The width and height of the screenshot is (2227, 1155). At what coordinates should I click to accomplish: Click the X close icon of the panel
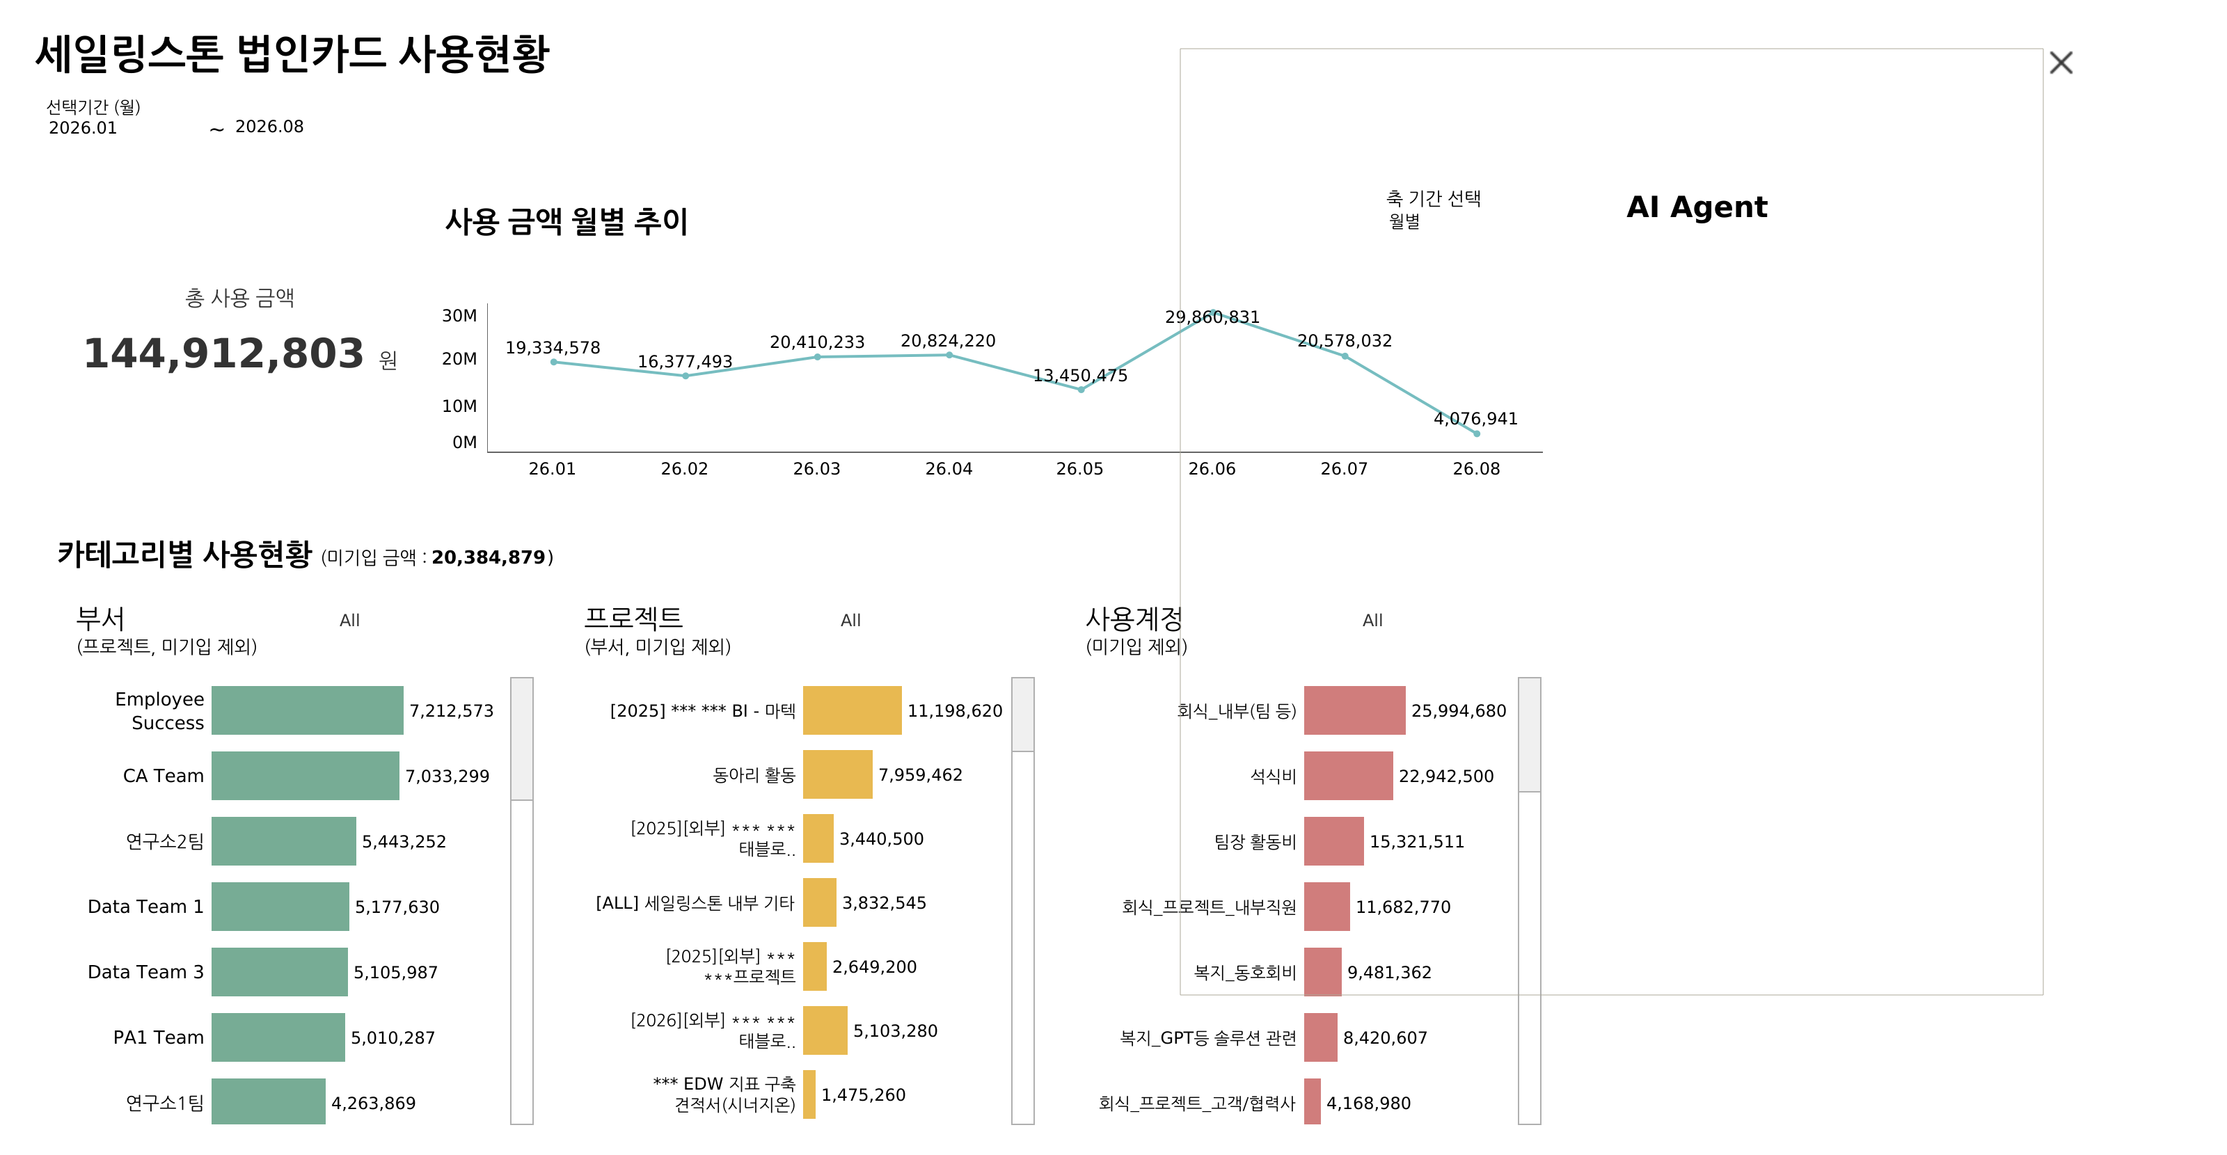point(2061,62)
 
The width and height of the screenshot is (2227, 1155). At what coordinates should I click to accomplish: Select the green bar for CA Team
point(306,776)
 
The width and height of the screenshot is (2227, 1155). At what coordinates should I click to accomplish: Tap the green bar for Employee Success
point(307,710)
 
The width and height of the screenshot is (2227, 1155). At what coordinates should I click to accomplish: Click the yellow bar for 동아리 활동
point(838,774)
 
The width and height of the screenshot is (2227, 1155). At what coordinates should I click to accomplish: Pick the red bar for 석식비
point(1348,776)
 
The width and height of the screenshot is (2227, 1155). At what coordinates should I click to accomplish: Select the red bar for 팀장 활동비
point(1333,841)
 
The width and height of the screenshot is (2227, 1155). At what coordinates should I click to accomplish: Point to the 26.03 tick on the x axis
point(816,468)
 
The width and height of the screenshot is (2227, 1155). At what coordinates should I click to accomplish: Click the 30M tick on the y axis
point(459,316)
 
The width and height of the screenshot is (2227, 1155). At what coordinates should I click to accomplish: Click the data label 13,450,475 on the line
point(1080,375)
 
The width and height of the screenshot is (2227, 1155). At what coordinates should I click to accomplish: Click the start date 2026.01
point(83,128)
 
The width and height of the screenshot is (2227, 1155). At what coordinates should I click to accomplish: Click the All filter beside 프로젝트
point(850,620)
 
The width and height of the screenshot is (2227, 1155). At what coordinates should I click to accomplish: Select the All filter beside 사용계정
point(1372,620)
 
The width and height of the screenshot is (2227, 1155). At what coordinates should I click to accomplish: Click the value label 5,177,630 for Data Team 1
point(397,907)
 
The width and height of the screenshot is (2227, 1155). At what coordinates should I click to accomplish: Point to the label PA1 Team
point(158,1037)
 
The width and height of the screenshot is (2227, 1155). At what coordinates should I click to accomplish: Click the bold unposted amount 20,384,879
point(489,557)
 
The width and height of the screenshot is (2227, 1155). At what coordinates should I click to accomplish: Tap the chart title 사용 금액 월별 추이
point(566,221)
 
